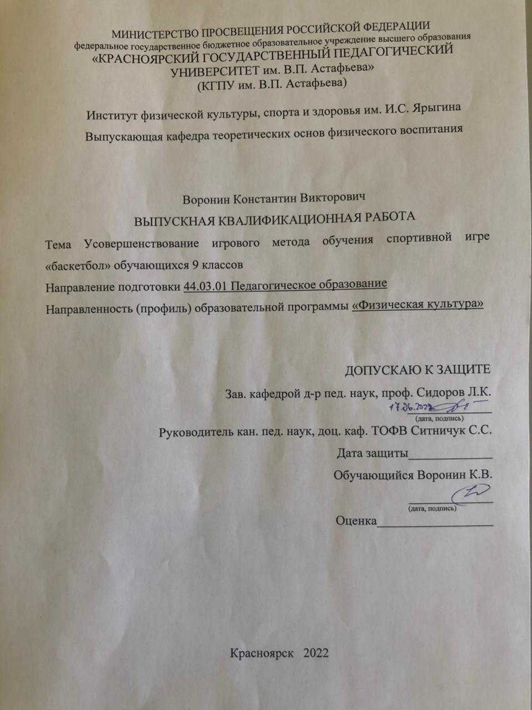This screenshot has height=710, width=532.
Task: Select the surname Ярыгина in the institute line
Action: (437, 108)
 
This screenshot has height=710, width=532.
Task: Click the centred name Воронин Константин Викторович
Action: (273, 198)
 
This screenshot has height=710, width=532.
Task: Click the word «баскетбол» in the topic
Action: (77, 265)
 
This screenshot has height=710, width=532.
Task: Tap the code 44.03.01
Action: (205, 286)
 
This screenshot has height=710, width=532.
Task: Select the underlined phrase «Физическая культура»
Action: (418, 305)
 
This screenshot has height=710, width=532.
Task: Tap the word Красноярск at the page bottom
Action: (262, 653)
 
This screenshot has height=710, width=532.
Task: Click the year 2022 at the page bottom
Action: (316, 653)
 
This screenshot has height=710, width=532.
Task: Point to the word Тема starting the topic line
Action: (58, 245)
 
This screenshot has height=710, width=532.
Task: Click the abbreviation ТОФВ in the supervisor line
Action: (390, 431)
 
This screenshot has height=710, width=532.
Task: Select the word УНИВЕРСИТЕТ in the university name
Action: (215, 71)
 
